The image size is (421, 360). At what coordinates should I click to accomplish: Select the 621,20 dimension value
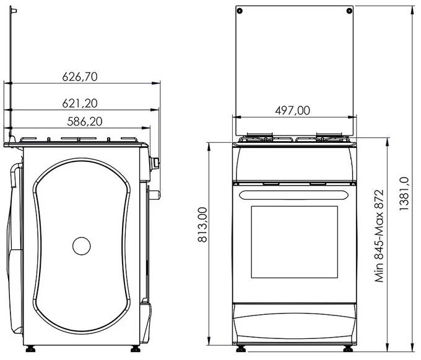point(82,103)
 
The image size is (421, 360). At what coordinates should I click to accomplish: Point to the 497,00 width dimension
point(292,110)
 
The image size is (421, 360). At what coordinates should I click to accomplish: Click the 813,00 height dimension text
point(202,225)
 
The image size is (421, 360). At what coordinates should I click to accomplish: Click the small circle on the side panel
point(81,246)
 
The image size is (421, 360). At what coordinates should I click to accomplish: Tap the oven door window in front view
point(294,242)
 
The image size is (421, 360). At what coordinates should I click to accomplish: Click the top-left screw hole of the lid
point(240,11)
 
